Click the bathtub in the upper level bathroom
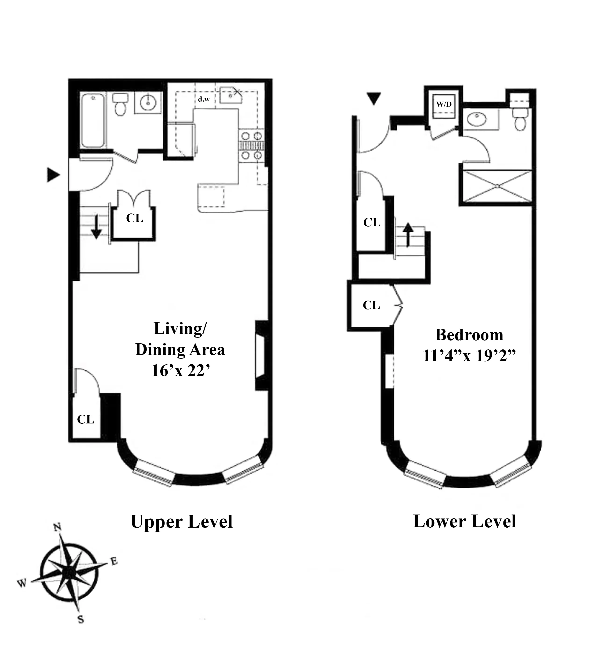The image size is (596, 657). point(93,121)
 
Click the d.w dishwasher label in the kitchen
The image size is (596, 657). point(204,99)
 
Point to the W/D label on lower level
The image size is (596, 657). point(444,104)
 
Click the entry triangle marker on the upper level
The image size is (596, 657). point(53,175)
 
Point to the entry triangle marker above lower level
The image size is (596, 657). point(374,98)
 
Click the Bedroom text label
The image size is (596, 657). point(469,335)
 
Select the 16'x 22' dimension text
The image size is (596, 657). point(180,370)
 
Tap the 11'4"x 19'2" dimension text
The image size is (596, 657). point(469,355)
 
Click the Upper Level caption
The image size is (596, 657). point(182,522)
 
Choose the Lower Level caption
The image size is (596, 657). point(464,522)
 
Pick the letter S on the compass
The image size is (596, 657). point(81,619)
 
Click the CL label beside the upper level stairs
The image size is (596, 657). point(135,218)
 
